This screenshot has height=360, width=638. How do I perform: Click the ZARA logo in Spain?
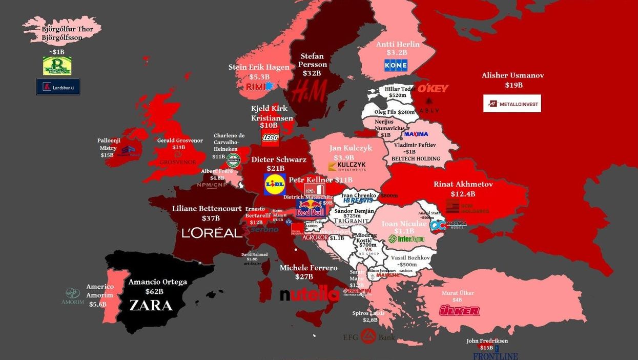(x=151, y=305)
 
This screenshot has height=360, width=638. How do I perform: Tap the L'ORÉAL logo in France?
(x=212, y=233)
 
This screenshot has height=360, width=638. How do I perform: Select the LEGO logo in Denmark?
(x=270, y=137)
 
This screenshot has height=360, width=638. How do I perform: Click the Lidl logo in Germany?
(x=275, y=184)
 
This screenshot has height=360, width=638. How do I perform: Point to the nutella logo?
(x=310, y=295)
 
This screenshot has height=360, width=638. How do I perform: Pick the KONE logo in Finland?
(x=396, y=65)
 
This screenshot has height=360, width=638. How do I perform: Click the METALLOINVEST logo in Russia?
(x=511, y=104)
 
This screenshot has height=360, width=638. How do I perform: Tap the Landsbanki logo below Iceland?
(x=58, y=87)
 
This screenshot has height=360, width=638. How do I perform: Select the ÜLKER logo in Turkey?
(x=459, y=311)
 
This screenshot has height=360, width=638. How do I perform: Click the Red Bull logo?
(x=310, y=208)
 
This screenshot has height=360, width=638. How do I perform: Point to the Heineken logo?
(x=234, y=160)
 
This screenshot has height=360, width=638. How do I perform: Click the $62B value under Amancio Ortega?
(x=154, y=291)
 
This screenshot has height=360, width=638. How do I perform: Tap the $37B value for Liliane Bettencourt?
(x=211, y=218)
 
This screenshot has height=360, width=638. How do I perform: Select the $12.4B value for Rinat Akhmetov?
(x=463, y=194)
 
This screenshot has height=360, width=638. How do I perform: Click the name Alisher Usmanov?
(x=512, y=75)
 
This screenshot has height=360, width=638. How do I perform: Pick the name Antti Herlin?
(x=398, y=44)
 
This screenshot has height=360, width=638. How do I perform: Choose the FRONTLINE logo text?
(x=495, y=356)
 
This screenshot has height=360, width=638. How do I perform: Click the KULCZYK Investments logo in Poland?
(x=347, y=166)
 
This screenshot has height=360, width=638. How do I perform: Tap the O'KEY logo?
(x=433, y=88)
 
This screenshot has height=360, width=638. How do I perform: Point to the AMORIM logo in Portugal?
(x=72, y=296)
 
